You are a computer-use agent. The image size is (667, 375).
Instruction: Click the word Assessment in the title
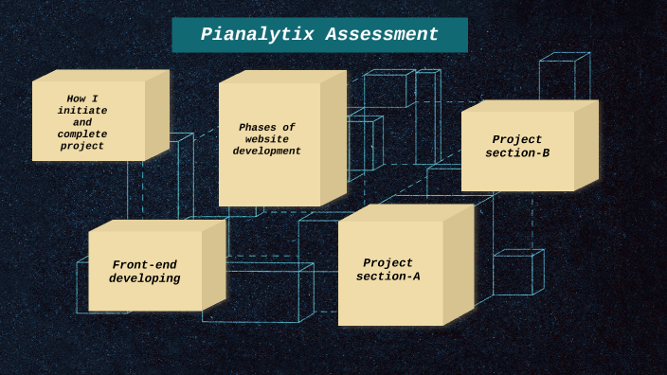point(382,35)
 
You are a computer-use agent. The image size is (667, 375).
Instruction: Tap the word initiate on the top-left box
point(82,111)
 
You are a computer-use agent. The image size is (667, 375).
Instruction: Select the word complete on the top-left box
point(82,134)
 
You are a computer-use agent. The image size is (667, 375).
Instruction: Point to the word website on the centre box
point(267,139)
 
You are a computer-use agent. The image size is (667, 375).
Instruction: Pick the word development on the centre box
point(267,152)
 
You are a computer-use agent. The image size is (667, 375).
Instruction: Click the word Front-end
point(144,265)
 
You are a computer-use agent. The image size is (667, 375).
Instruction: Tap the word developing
point(144,279)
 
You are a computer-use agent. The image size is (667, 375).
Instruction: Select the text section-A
point(388,277)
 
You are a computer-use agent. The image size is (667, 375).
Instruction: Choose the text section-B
point(517,152)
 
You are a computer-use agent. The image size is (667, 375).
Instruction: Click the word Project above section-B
point(517,139)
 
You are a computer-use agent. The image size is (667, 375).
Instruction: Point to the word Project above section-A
point(388,262)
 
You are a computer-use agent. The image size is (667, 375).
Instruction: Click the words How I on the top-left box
point(82,98)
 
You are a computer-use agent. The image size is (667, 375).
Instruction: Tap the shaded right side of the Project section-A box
point(459,265)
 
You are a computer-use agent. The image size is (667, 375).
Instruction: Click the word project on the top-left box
point(82,147)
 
